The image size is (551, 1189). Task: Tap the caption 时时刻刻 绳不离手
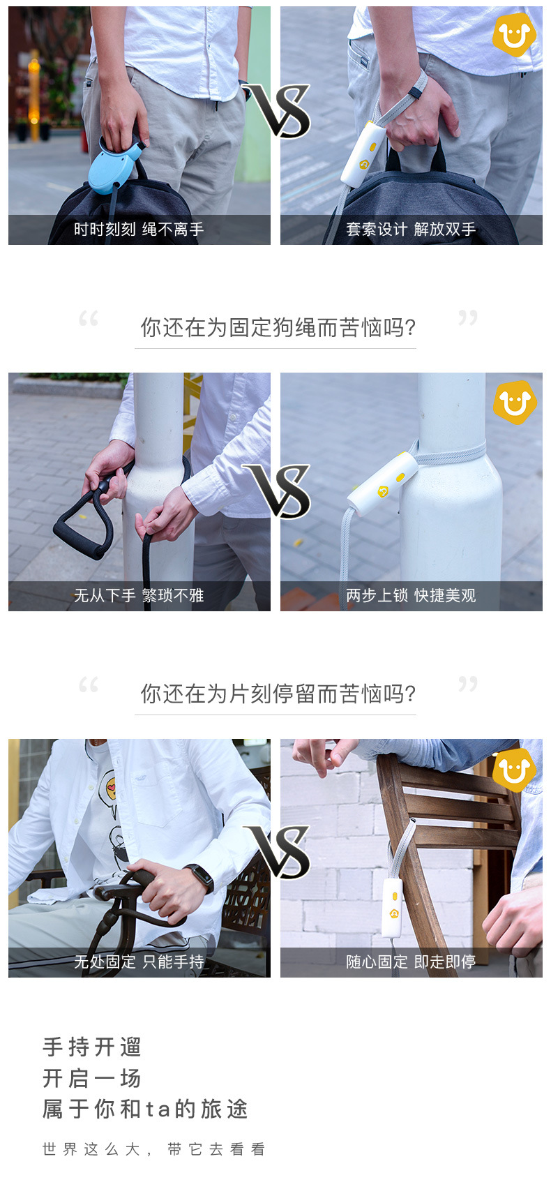tap(139, 230)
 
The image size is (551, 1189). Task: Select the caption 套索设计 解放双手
tap(411, 230)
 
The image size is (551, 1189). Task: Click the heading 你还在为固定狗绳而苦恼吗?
tap(278, 327)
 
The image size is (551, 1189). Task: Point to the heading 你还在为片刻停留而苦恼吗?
tap(278, 694)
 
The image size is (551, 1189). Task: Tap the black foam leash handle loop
tap(82, 525)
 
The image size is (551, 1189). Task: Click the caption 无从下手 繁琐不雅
tap(139, 596)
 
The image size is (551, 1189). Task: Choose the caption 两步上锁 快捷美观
tap(411, 596)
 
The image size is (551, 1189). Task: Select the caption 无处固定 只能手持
tap(139, 962)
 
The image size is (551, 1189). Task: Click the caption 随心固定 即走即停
tap(411, 962)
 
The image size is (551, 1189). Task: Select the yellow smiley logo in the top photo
tap(514, 35)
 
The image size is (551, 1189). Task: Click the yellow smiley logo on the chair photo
tap(514, 771)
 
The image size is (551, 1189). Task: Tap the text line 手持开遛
tap(92, 1047)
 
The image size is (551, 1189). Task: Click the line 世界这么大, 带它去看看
tap(154, 1149)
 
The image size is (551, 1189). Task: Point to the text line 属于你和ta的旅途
tap(146, 1109)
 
